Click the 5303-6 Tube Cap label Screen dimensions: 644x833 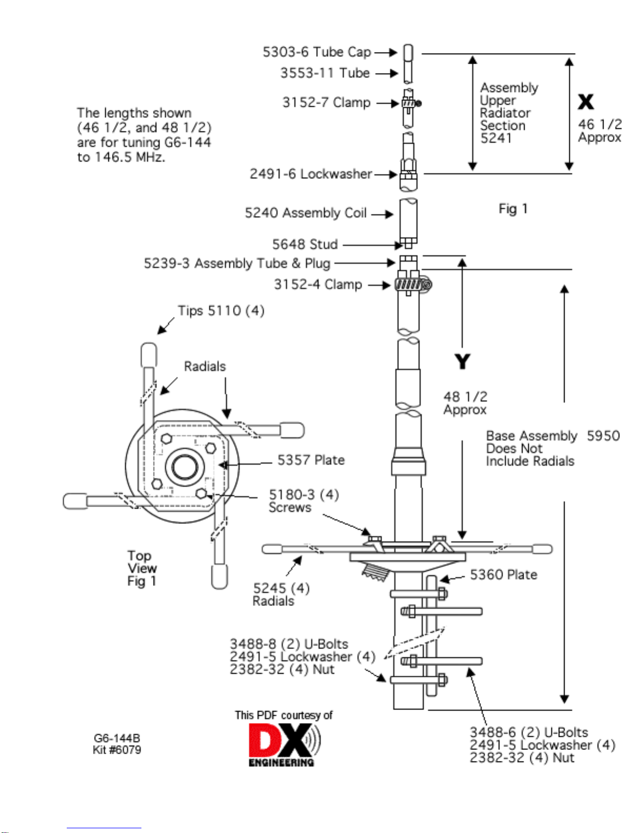(x=316, y=52)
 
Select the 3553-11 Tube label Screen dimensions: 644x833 (x=325, y=73)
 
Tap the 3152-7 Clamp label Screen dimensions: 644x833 (x=326, y=102)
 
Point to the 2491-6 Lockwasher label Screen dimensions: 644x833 (x=311, y=173)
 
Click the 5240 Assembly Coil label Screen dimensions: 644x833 (x=305, y=213)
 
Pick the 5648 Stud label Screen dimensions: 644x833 (x=305, y=244)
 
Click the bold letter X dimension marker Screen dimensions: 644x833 (x=586, y=102)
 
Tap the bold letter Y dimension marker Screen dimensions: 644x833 (x=462, y=362)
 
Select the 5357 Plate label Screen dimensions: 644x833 (x=311, y=460)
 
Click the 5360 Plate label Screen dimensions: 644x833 (x=503, y=574)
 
